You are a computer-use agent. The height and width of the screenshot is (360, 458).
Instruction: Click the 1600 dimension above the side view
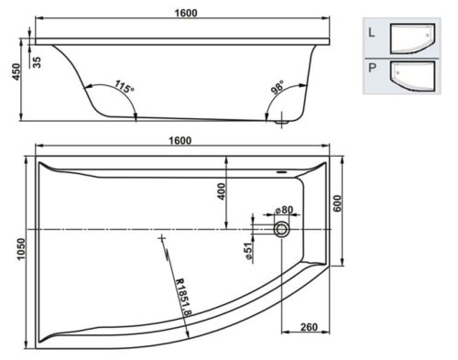pyautogui.click(x=186, y=13)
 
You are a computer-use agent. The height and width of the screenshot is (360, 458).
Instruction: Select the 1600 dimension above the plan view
pyautogui.click(x=180, y=140)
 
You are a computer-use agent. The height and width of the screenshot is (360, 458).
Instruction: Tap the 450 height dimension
pyautogui.click(x=16, y=72)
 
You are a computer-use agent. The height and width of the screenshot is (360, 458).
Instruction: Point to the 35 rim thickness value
pyautogui.click(x=37, y=62)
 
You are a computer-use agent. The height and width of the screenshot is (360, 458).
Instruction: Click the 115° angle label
pyautogui.click(x=125, y=86)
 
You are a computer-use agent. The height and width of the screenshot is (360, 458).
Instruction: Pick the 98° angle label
pyautogui.click(x=278, y=87)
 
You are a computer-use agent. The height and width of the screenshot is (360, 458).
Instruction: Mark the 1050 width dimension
pyautogui.click(x=21, y=249)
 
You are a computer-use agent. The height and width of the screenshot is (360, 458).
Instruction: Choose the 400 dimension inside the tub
pyautogui.click(x=222, y=191)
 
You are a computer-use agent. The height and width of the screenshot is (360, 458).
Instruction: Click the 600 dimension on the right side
pyautogui.click(x=337, y=203)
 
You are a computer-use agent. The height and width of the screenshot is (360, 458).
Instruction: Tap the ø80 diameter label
pyautogui.click(x=284, y=210)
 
